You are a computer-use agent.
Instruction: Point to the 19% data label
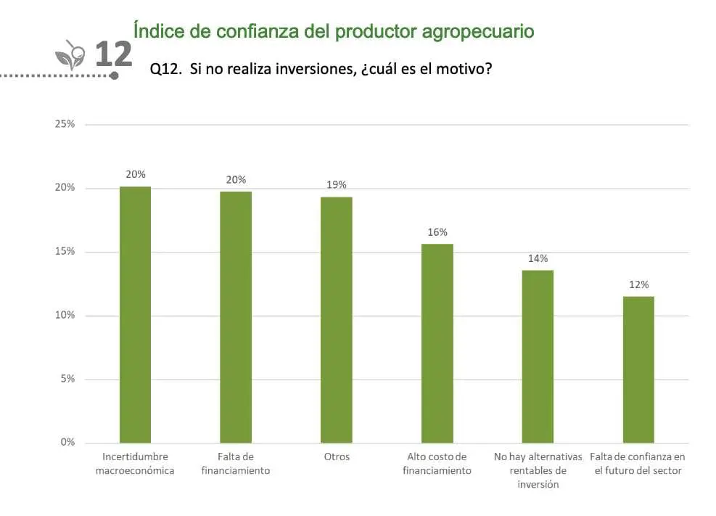(337, 185)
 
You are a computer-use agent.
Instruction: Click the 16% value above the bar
(437, 232)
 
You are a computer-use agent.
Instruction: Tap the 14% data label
(538, 258)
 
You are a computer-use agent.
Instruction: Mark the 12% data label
(638, 284)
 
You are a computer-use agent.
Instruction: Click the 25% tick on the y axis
(65, 124)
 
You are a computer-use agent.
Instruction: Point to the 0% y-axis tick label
(67, 442)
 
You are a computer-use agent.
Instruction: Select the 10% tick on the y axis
(65, 315)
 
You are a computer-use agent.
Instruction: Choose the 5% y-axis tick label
(67, 379)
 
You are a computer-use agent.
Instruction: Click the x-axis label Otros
(337, 456)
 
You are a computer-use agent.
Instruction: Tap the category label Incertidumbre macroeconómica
(135, 463)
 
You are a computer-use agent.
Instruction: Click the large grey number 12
(114, 54)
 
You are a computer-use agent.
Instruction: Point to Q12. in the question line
(165, 69)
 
